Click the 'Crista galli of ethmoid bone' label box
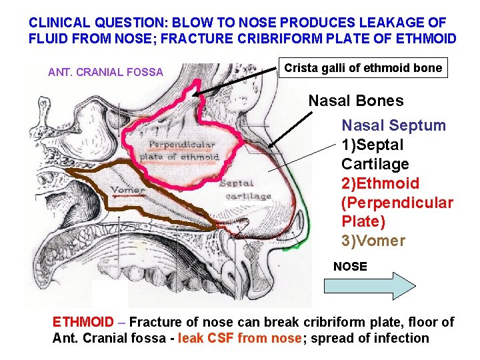363,68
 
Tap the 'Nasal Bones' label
355,101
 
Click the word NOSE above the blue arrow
350,267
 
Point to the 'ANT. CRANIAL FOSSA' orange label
105,72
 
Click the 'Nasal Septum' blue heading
393,125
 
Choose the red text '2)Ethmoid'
380,183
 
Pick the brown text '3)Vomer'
373,241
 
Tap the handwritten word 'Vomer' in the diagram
128,190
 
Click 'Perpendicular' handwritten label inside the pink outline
182,145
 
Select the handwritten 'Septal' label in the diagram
236,183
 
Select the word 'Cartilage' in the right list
375,164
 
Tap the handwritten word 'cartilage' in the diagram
248,197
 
